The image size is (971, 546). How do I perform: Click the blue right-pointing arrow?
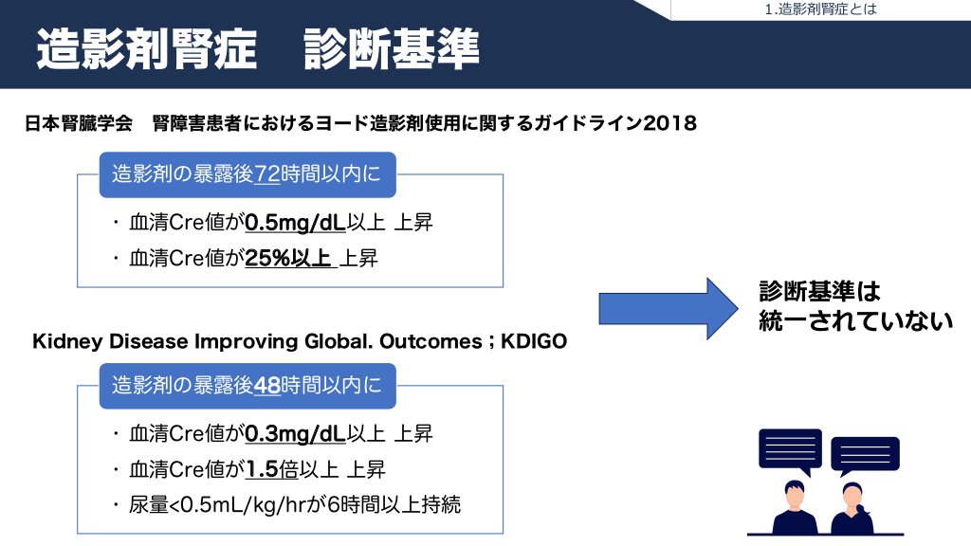669,308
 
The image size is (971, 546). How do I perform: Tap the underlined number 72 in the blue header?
267,174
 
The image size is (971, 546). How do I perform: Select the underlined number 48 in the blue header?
267,386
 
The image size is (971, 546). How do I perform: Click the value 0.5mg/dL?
296,223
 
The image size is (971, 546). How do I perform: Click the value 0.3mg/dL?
296,434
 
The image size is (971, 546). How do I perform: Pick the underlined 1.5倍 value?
272,470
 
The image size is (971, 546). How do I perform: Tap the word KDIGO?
534,341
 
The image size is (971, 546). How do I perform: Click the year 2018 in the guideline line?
670,123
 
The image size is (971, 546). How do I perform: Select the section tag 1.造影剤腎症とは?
820,9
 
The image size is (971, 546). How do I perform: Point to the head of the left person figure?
795,494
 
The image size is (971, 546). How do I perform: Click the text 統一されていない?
855,321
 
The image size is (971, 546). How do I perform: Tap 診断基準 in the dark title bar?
392,49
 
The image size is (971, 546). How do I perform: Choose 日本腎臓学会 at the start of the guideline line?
79,123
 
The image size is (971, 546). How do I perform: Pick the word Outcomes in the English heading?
431,341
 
